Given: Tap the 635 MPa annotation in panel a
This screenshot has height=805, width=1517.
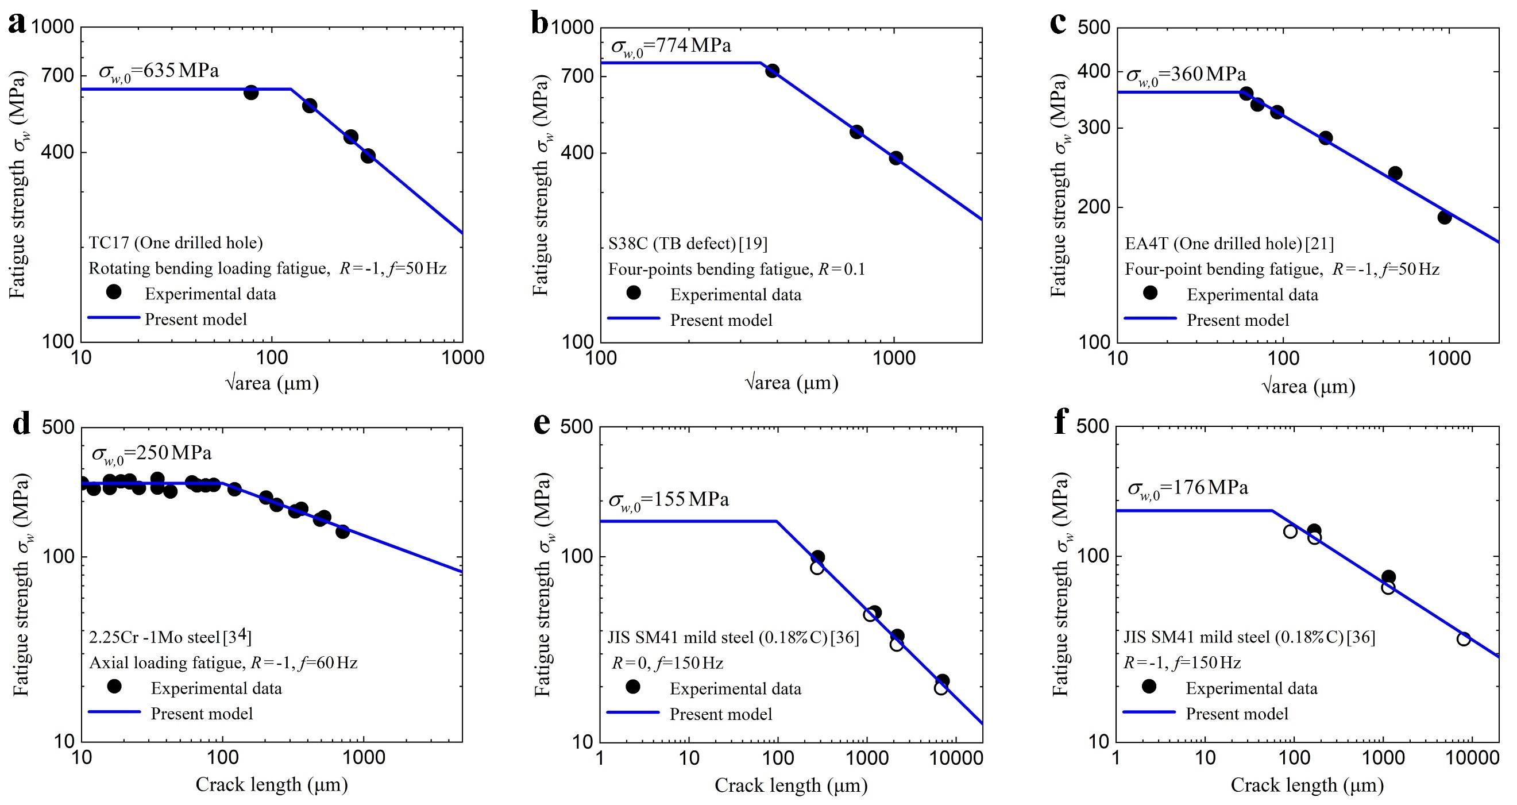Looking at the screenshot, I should click(159, 71).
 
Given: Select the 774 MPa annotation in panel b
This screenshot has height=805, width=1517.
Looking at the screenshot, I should click(671, 46).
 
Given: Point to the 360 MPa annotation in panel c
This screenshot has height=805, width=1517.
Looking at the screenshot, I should click(1186, 75).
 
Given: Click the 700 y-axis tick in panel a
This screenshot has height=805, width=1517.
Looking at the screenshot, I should click(57, 76).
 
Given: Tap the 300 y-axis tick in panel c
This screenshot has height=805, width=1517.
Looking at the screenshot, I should click(1094, 128).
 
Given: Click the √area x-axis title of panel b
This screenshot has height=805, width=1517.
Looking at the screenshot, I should click(791, 383).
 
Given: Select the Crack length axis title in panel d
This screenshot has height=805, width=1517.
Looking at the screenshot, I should click(272, 784).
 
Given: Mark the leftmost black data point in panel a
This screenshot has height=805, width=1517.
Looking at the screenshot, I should click(251, 93).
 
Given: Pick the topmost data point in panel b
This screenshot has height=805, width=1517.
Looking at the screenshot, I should click(772, 71).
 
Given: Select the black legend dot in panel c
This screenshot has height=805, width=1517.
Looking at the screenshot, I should click(1150, 292).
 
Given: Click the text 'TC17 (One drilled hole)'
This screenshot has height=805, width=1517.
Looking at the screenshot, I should click(176, 242).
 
